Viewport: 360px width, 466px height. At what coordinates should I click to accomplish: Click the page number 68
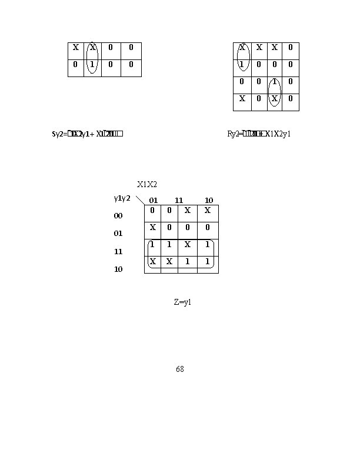tap(180, 369)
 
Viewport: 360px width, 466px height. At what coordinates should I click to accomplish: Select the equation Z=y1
tap(183, 302)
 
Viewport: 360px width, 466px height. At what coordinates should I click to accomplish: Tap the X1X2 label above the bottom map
tap(147, 184)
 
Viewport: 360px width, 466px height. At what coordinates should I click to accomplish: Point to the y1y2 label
tap(122, 198)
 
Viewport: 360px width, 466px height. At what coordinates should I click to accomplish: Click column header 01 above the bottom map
tap(153, 201)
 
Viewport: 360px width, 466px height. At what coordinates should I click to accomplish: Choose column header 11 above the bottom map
tap(179, 201)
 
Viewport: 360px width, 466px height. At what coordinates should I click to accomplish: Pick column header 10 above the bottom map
tap(209, 201)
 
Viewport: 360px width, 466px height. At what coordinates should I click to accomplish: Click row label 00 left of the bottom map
tap(118, 216)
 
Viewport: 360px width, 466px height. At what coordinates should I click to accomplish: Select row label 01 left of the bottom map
tap(118, 234)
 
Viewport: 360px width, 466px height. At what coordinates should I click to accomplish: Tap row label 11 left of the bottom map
tap(118, 251)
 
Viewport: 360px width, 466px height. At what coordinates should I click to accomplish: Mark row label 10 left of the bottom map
tap(118, 269)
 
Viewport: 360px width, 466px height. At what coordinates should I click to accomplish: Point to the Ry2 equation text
tap(259, 134)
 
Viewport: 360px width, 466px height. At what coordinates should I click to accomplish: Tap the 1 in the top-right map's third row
tap(275, 81)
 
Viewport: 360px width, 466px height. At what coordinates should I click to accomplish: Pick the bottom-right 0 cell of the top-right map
tap(291, 98)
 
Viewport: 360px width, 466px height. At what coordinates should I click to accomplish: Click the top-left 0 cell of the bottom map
tap(152, 210)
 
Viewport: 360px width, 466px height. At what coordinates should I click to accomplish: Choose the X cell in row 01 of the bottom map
tap(152, 227)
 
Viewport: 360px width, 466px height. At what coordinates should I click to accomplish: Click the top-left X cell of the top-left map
tap(75, 47)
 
